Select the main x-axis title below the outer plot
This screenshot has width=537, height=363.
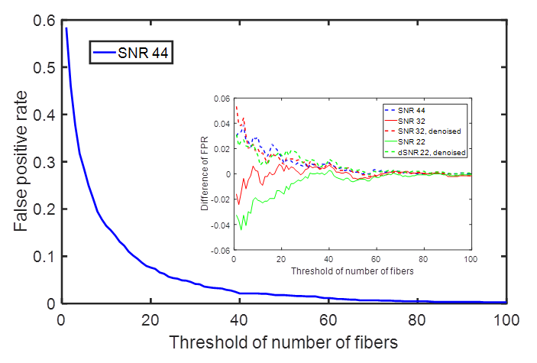point(284,342)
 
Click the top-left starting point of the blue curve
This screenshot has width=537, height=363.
point(66,29)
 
